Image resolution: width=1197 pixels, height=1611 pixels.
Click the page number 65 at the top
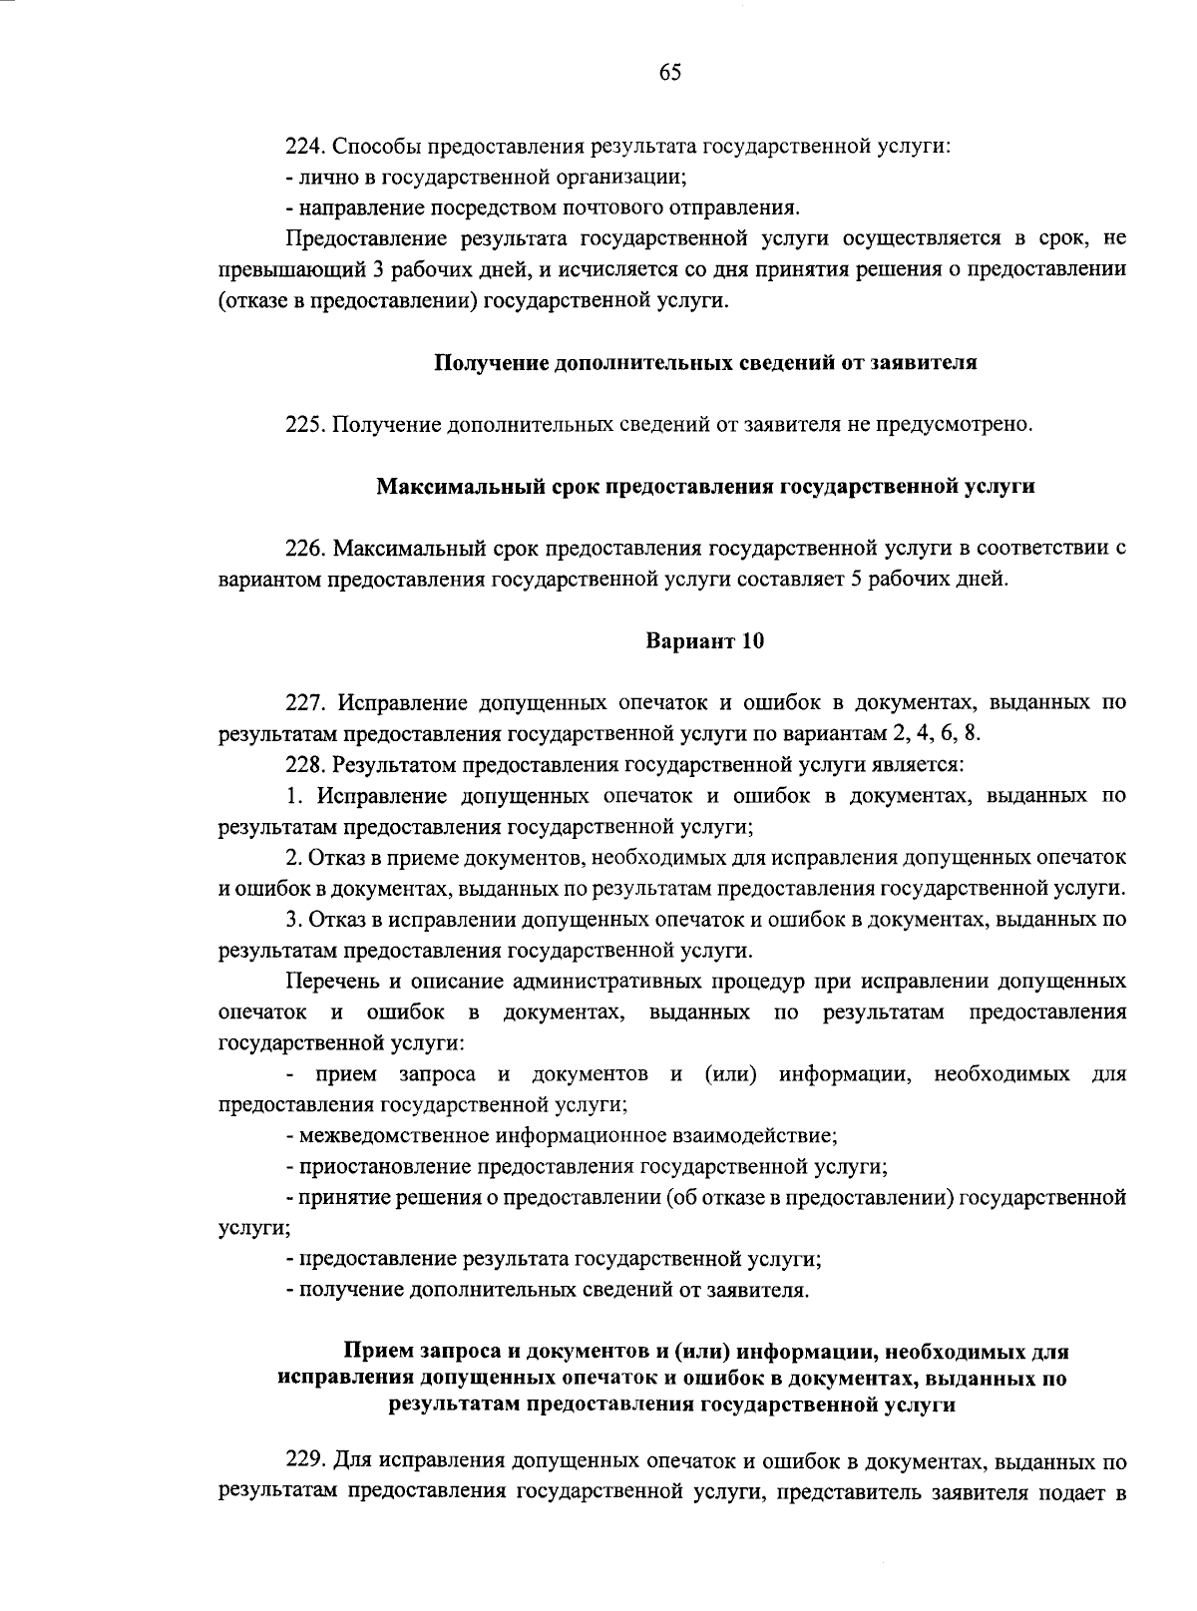[x=669, y=72]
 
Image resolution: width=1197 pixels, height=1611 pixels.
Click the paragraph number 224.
[x=303, y=147]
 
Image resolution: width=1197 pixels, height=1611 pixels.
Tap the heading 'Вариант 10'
[x=705, y=640]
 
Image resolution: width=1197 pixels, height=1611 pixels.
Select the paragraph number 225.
[x=303, y=425]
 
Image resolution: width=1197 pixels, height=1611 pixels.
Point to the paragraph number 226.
[x=303, y=548]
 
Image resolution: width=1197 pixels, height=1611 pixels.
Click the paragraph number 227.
[x=303, y=702]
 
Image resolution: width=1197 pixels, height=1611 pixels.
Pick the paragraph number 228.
[x=303, y=765]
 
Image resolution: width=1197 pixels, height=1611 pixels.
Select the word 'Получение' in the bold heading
[x=484, y=363]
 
